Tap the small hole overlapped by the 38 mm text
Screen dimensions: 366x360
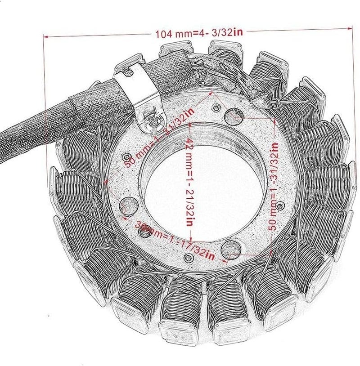[x=145, y=232]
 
